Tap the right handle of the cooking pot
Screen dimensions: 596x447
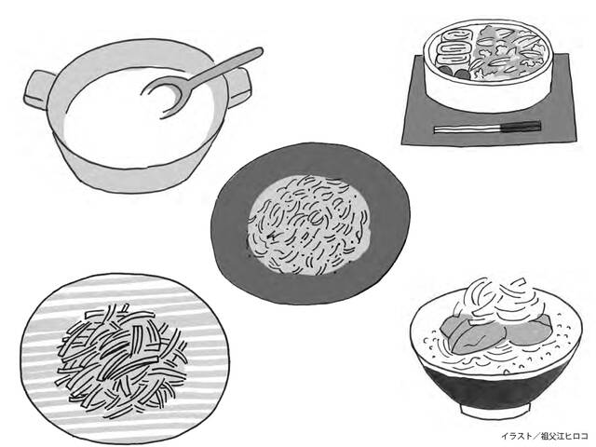point(238,87)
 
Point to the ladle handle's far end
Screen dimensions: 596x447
point(259,51)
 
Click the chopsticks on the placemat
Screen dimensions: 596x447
point(488,128)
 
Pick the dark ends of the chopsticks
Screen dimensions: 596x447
point(521,127)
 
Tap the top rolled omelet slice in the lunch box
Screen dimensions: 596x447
point(455,37)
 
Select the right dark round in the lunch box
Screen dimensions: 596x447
point(461,74)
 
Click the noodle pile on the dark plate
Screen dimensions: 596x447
point(308,225)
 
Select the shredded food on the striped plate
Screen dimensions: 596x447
point(122,360)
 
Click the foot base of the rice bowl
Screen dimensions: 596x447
point(495,409)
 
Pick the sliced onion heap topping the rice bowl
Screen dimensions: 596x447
point(498,300)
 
